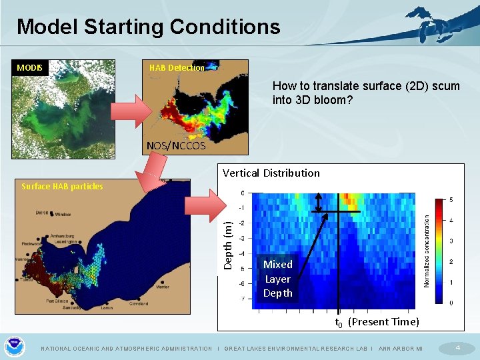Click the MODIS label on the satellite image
30,68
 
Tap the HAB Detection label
177,68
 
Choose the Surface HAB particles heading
62,187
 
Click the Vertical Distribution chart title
271,173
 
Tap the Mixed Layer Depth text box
277,279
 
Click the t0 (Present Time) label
377,322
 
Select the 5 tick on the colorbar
451,200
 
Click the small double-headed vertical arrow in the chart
319,202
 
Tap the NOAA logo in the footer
14,347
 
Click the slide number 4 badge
457,347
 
